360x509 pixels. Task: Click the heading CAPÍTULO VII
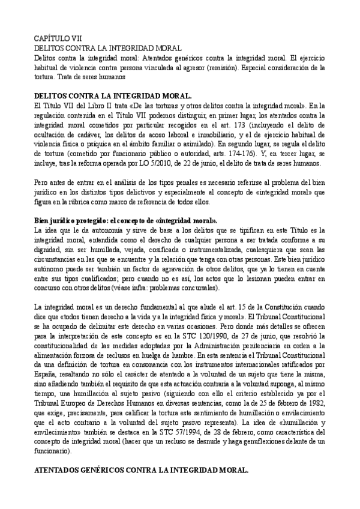(54, 37)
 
